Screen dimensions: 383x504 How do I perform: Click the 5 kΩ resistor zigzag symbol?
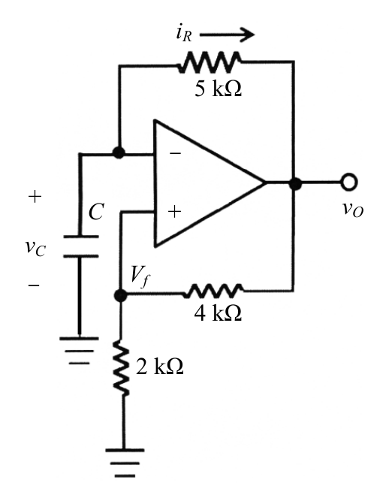tap(210, 62)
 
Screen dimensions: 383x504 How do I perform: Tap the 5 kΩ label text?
tap(219, 89)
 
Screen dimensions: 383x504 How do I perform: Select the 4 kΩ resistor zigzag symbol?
tap(214, 291)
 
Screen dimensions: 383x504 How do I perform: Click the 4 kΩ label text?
tap(218, 312)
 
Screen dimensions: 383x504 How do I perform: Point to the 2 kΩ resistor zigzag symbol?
tap(122, 368)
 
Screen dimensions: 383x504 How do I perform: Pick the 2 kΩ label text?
tap(160, 366)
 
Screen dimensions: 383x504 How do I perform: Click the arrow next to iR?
tap(227, 34)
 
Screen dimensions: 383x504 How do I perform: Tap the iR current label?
tap(184, 34)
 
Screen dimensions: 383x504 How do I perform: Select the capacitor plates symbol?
tap(81, 246)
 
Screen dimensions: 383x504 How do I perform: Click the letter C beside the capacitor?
tap(96, 212)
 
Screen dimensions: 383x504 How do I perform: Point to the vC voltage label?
tap(35, 248)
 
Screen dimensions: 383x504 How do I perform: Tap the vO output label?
tap(353, 210)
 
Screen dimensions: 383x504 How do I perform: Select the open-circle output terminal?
tap(349, 182)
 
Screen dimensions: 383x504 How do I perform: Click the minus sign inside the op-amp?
tap(175, 153)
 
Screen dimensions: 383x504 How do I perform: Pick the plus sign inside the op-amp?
tap(174, 212)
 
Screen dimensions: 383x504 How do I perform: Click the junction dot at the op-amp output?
tap(295, 184)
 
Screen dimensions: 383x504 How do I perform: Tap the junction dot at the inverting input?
tap(119, 152)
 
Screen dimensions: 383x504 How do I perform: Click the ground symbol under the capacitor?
tap(79, 351)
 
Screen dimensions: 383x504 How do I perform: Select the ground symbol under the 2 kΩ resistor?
tap(125, 463)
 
